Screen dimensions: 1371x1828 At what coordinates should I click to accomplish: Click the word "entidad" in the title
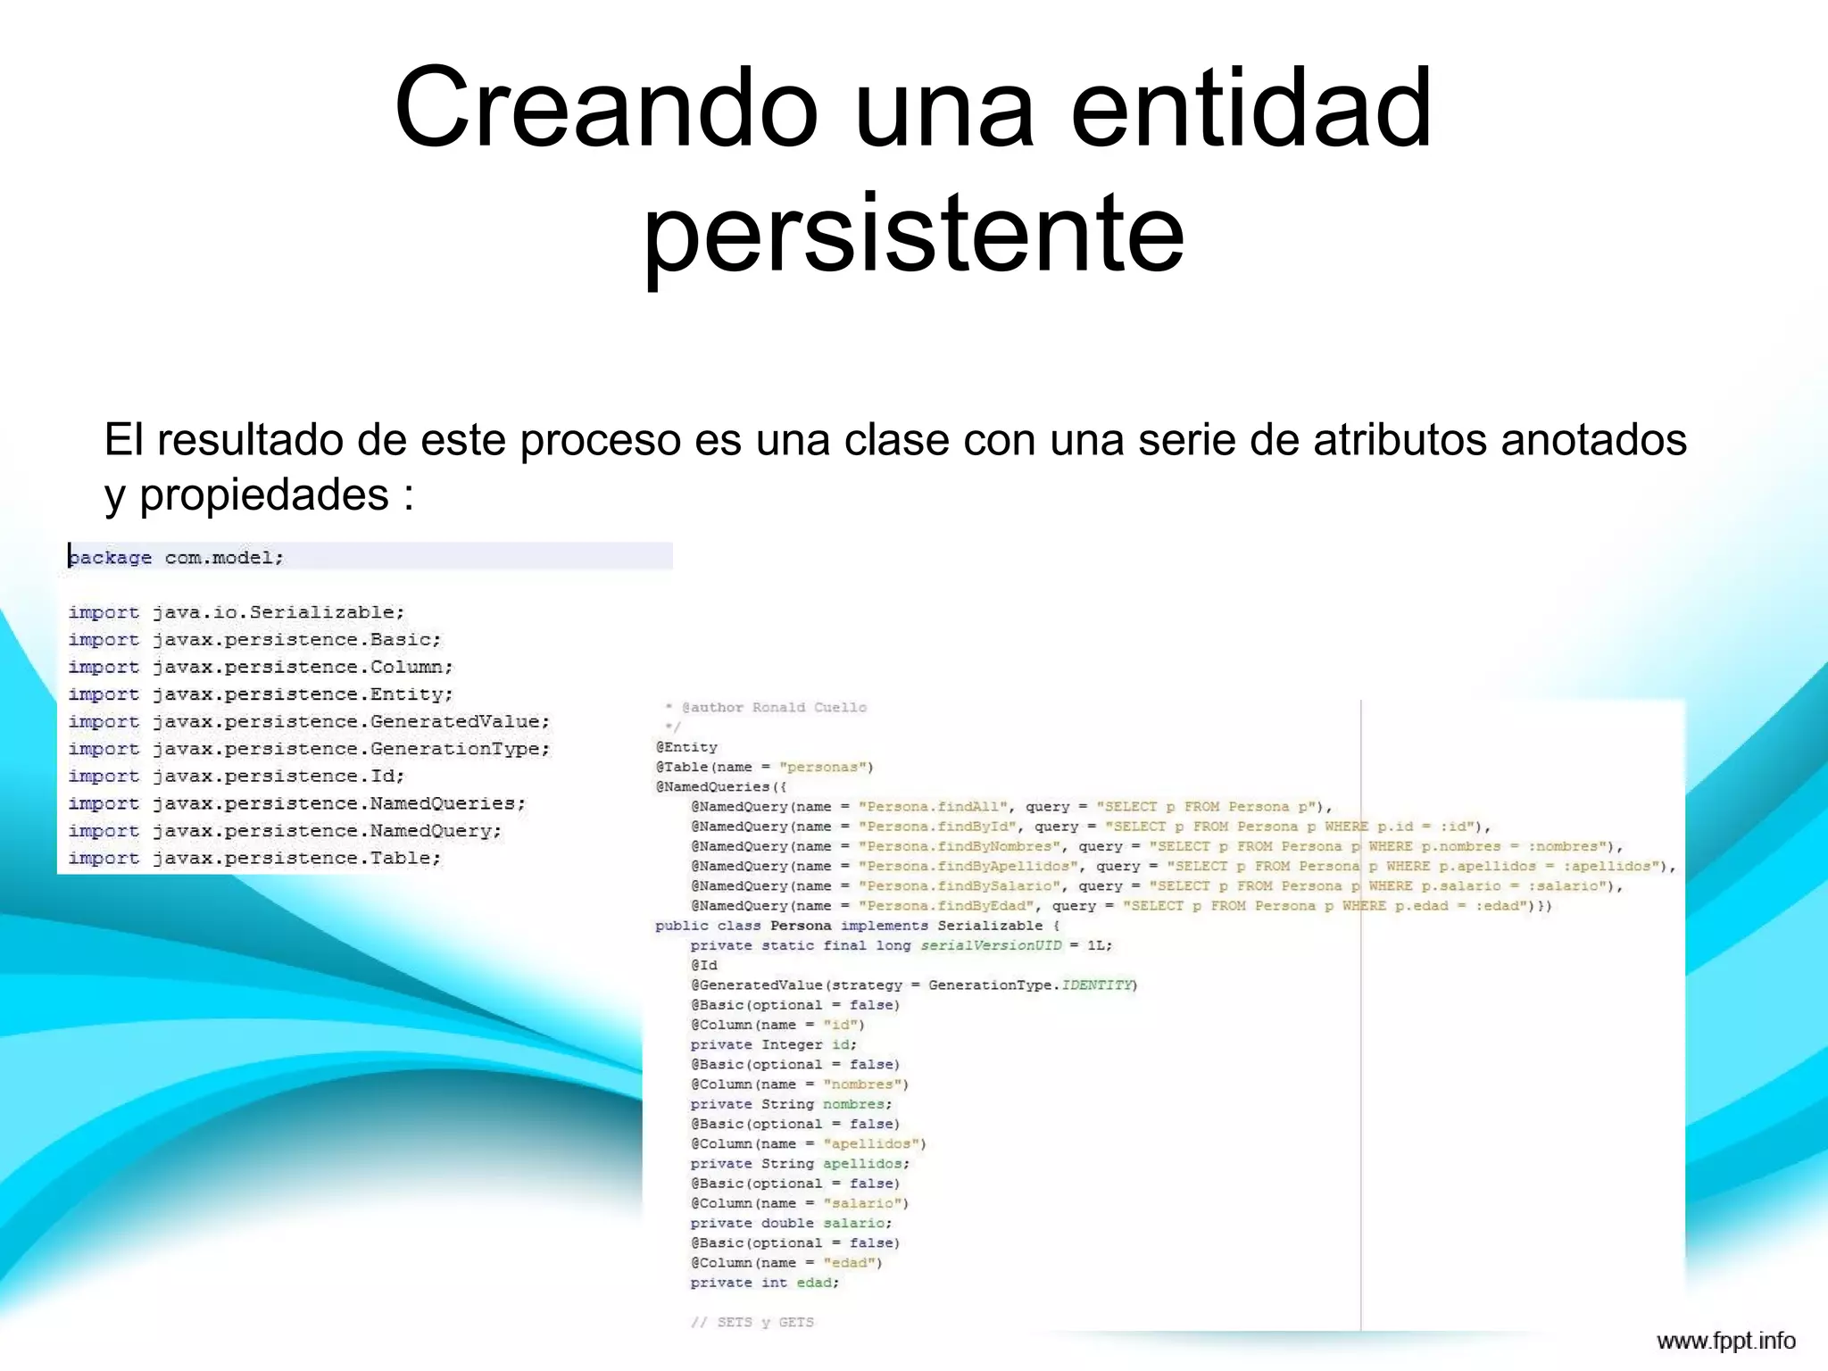pyautogui.click(x=1251, y=108)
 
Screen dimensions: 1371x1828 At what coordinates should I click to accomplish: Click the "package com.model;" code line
pyautogui.click(x=177, y=558)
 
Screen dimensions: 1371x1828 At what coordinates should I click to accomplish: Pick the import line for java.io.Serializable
pyautogui.click(x=237, y=612)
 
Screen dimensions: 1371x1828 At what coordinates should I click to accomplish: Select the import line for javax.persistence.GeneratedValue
pyautogui.click(x=309, y=721)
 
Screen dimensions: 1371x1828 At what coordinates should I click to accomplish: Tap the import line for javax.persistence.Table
pyautogui.click(x=254, y=858)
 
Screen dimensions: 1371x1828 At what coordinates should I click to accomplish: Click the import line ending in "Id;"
pyautogui.click(x=237, y=776)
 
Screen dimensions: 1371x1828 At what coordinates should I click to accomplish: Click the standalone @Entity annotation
pyautogui.click(x=686, y=747)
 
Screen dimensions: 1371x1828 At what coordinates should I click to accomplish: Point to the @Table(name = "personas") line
pyautogui.click(x=764, y=767)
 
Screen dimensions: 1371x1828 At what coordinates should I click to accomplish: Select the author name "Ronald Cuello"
pyautogui.click(x=809, y=708)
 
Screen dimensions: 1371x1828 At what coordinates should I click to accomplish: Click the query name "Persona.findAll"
pyautogui.click(x=933, y=807)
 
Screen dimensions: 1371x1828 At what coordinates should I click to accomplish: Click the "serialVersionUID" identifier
pyautogui.click(x=991, y=945)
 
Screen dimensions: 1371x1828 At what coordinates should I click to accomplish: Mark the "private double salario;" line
pyautogui.click(x=791, y=1223)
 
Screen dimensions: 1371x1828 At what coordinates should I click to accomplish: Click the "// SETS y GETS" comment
pyautogui.click(x=752, y=1322)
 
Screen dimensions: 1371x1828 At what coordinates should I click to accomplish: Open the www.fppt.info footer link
pyautogui.click(x=1725, y=1342)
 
